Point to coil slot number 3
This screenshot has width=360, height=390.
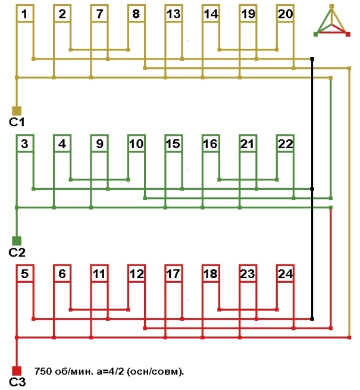24,144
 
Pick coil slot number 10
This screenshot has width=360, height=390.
136,144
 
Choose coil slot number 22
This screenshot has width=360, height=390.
286,144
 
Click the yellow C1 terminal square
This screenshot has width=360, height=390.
17,110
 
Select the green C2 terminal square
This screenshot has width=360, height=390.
17,241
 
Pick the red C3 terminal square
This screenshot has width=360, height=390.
17,370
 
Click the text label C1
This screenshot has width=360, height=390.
16,122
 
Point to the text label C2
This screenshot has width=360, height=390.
16,252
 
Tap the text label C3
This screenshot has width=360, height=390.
16,382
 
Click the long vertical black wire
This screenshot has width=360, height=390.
312,179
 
